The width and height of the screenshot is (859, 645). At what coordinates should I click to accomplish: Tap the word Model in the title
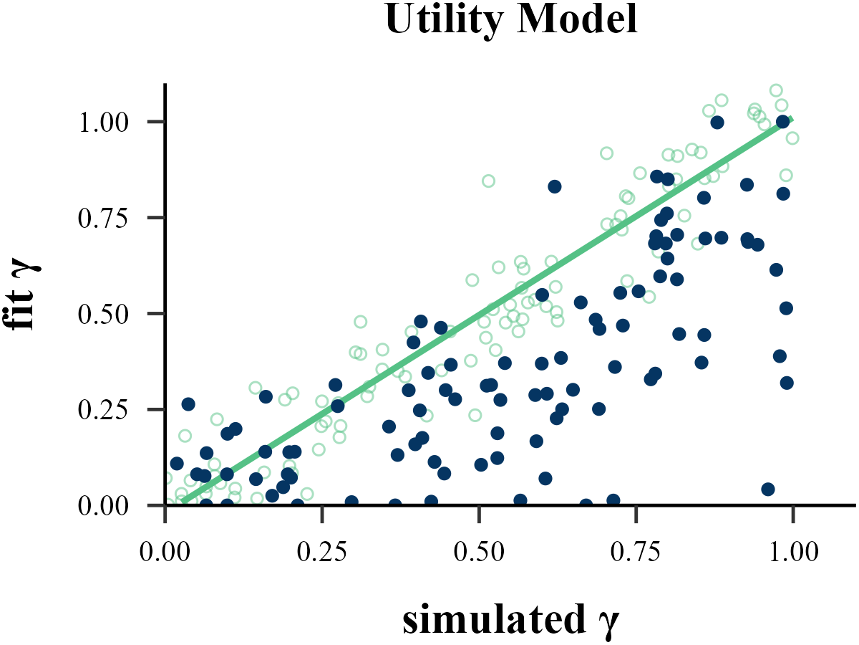(578, 21)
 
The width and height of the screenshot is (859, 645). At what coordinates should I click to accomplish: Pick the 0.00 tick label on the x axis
(165, 552)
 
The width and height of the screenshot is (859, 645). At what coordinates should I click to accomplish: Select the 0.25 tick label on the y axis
(105, 410)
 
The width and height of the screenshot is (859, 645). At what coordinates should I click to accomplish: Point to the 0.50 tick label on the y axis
(105, 314)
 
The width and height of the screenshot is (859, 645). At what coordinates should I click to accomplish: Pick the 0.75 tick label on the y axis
(105, 218)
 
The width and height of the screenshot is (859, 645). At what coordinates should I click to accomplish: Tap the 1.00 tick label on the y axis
(105, 122)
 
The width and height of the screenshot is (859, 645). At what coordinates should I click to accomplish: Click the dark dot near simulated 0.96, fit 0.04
(768, 489)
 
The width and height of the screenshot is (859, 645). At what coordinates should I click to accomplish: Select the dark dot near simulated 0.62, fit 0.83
(554, 186)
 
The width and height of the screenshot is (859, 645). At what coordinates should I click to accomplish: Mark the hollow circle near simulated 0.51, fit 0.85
(488, 181)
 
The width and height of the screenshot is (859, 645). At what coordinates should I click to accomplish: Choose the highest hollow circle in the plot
(776, 90)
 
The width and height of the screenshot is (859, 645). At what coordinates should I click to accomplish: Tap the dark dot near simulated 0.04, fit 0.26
(188, 404)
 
